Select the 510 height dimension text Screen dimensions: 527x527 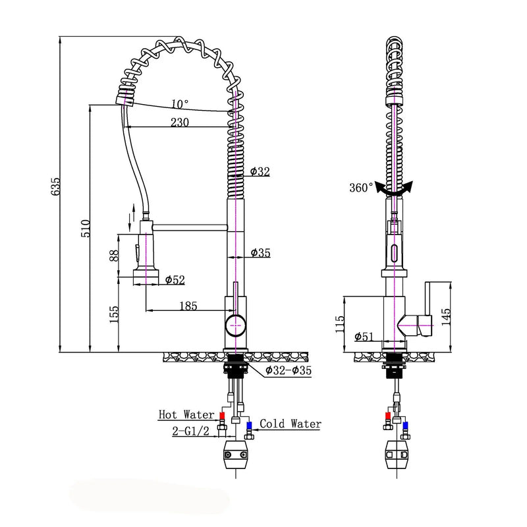coord(86,228)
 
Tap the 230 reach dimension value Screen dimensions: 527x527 coord(180,122)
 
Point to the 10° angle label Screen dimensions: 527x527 coord(180,104)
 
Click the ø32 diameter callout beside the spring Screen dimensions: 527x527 coord(260,172)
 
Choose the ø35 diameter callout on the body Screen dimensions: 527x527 coord(260,253)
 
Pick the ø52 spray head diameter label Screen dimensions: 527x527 coord(174,280)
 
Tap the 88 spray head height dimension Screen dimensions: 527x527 coord(114,256)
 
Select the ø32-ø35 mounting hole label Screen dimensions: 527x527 coord(289,371)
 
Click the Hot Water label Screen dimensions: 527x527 coord(186,415)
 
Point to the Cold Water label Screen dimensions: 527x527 coord(290,424)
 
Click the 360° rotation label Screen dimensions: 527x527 coord(361,188)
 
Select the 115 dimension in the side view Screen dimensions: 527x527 coord(340,324)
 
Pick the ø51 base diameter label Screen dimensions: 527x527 coord(364,337)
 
